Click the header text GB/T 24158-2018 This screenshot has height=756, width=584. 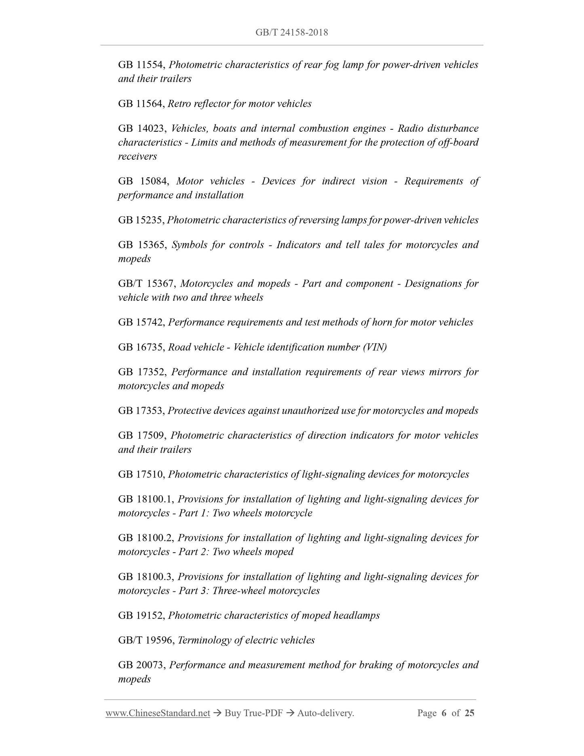(291, 32)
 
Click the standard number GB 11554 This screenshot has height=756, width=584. (141, 65)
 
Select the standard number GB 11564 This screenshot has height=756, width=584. (141, 104)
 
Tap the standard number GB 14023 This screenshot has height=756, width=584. (142, 129)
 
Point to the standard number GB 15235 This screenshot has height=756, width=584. (141, 220)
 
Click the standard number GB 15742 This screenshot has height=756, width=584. (141, 323)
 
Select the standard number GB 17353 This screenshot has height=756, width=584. (141, 411)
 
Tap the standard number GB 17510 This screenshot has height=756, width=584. (141, 475)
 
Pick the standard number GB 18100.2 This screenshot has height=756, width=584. (145, 538)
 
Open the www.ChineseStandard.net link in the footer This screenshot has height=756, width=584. (158, 714)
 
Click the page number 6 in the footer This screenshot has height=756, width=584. (444, 714)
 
